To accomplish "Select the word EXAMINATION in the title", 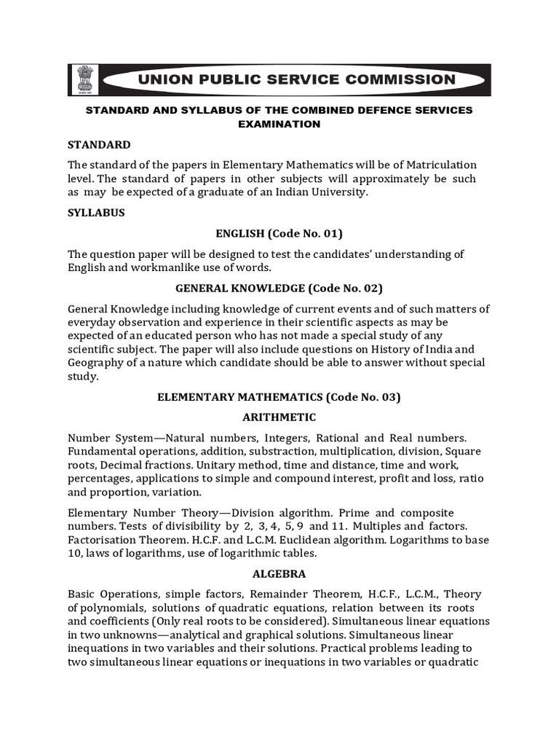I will pos(279,124).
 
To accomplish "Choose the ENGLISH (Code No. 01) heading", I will pos(279,233).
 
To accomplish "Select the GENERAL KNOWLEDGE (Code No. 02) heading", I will pos(279,288).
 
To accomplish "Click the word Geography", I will pos(96,363).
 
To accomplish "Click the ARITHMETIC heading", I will pos(279,417).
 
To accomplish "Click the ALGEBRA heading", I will pos(279,573).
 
